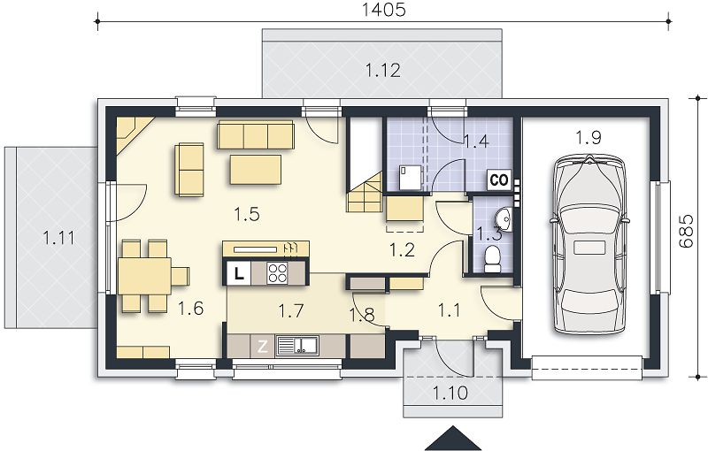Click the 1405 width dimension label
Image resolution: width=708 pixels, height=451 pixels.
[384, 10]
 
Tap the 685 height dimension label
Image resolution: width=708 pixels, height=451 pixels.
[685, 231]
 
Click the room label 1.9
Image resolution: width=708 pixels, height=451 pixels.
[589, 138]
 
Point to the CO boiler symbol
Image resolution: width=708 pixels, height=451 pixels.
[499, 180]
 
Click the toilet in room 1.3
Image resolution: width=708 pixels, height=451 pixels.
[491, 260]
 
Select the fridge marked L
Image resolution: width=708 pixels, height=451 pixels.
[238, 273]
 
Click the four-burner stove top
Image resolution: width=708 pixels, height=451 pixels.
[277, 273]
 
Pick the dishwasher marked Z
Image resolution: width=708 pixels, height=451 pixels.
[262, 347]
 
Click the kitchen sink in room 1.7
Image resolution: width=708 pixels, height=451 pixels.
[297, 346]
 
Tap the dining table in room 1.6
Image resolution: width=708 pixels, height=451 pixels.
[144, 276]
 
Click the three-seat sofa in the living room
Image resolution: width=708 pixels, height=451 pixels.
[256, 134]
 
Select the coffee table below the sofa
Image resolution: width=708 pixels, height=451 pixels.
[256, 169]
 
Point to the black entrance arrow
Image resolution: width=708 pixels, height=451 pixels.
[453, 438]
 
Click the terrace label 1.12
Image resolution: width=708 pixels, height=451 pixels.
[383, 71]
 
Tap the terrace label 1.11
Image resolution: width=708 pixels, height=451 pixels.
[59, 237]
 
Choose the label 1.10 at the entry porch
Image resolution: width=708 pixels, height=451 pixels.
[450, 393]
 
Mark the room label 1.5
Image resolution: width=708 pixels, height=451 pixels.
[247, 214]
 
